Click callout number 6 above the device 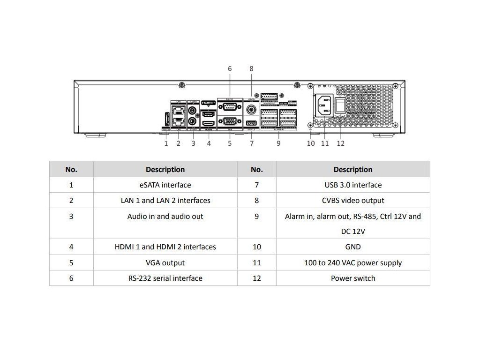[x=230, y=68]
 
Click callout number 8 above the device [x=251, y=68]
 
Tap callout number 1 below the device [x=166, y=143]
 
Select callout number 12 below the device [x=340, y=143]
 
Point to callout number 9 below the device [x=278, y=143]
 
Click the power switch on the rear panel [x=341, y=105]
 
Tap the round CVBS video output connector [x=252, y=110]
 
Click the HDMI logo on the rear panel [x=208, y=102]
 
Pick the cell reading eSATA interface [x=165, y=185]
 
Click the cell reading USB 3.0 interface [x=353, y=185]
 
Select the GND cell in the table [x=353, y=247]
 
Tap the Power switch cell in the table [x=353, y=278]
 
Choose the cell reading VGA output [x=165, y=262]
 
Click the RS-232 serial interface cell [x=165, y=278]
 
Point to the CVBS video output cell [x=353, y=200]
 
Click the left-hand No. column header [x=71, y=169]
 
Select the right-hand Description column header [x=353, y=169]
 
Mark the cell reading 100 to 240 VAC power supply [x=353, y=262]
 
